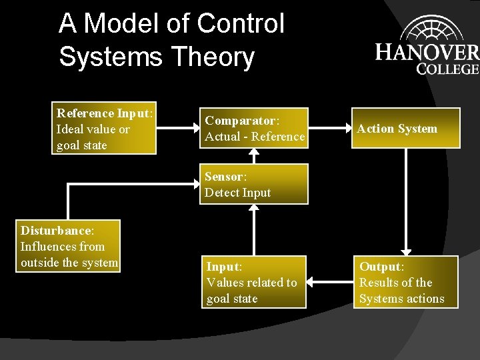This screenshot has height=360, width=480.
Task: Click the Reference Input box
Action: (x=105, y=129)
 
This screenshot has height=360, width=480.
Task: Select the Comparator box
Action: (x=255, y=129)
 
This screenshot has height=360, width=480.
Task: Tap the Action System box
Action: (x=405, y=128)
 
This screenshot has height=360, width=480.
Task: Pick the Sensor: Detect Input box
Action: (x=255, y=185)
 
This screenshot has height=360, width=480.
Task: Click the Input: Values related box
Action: (x=255, y=282)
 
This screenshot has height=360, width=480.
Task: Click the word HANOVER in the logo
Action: (x=427, y=52)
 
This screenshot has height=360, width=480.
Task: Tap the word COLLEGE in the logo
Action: (x=447, y=68)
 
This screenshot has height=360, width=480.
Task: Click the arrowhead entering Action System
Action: (x=347, y=128)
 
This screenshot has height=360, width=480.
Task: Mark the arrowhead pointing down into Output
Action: (x=405, y=251)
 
